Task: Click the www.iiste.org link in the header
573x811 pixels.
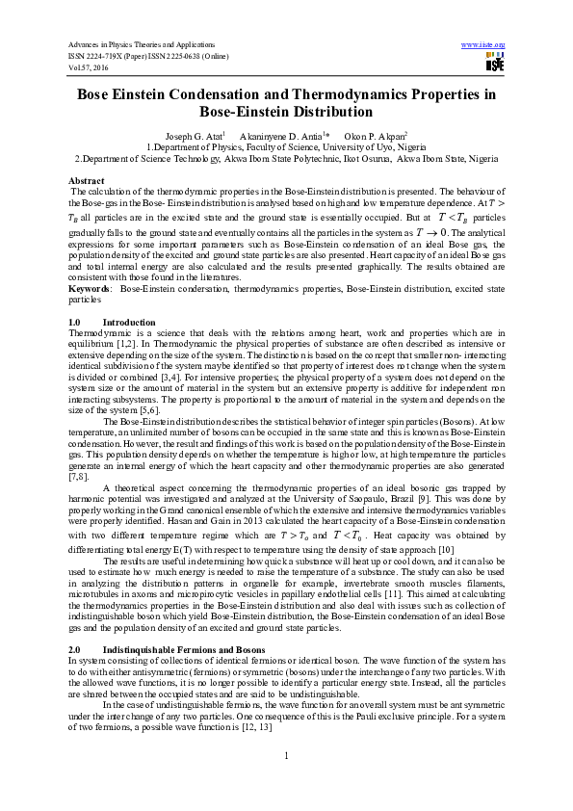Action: [x=483, y=45]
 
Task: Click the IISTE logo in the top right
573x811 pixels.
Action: [x=495, y=64]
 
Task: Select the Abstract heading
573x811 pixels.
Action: [x=87, y=181]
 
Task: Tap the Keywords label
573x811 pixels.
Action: [x=89, y=288]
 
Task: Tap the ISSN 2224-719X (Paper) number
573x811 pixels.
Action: [x=113, y=56]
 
